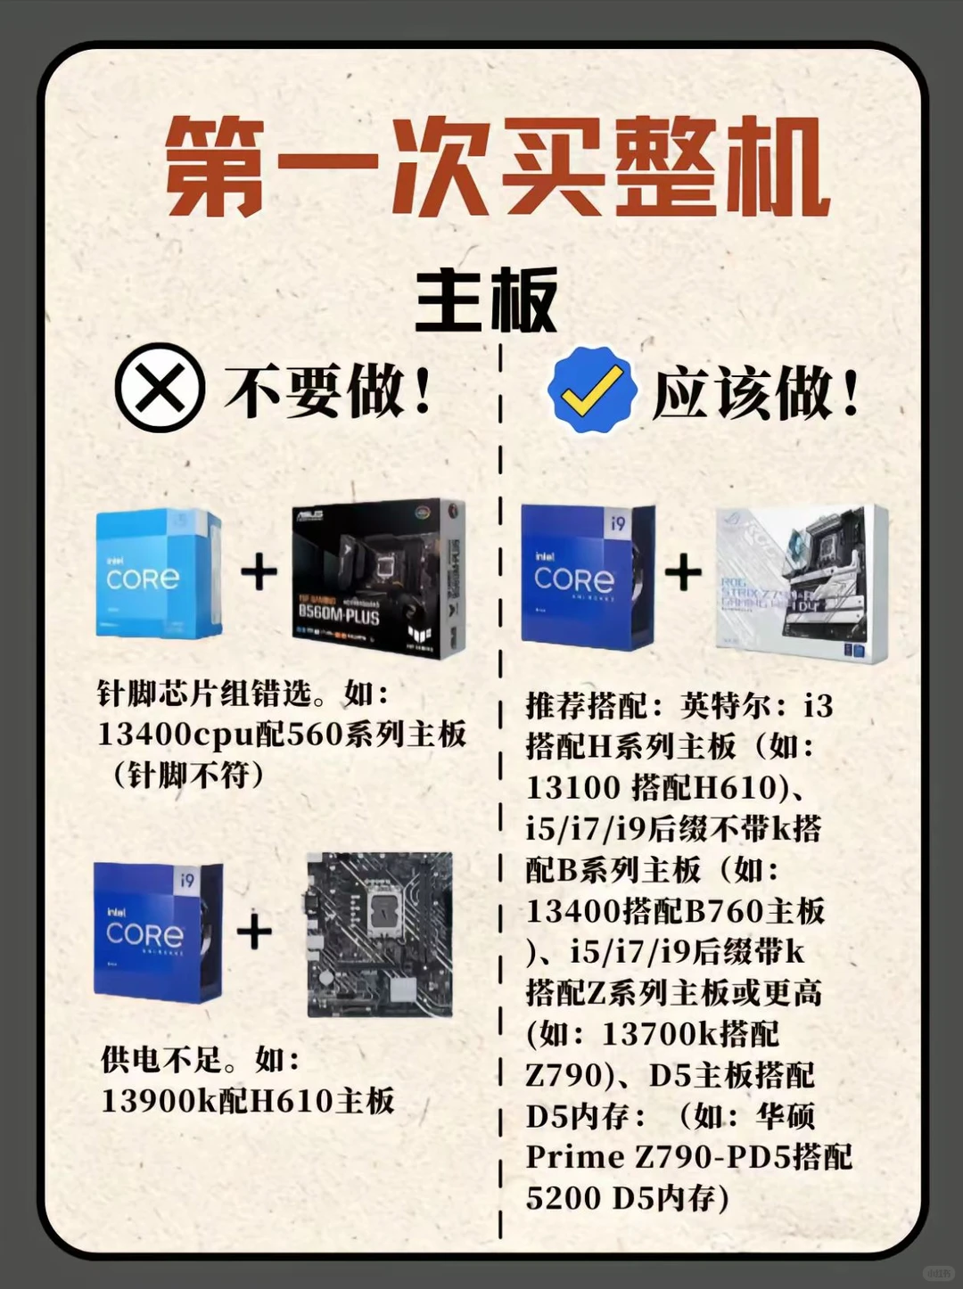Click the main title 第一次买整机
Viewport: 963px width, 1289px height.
coord(497,168)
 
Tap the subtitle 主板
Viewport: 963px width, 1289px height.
coord(486,300)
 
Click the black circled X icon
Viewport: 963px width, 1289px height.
coord(160,388)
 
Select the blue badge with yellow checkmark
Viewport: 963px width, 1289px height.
coord(591,390)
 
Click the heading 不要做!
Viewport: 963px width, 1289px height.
coord(328,390)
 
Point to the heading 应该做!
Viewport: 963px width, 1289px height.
coord(756,393)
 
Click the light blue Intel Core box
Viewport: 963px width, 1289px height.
coord(159,573)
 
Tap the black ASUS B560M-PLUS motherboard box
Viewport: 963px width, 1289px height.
coord(378,578)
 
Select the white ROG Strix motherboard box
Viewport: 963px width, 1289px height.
coord(801,583)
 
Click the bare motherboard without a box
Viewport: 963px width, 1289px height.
coord(380,934)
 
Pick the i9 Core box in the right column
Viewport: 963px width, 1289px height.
coord(588,577)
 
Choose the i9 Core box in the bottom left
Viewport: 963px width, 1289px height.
coord(158,932)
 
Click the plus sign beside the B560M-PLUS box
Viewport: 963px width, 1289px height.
coord(259,572)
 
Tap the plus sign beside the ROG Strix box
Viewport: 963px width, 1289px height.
coord(683,572)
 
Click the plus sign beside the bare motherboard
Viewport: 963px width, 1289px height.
coord(254,932)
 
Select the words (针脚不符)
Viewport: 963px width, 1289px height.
coord(188,775)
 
